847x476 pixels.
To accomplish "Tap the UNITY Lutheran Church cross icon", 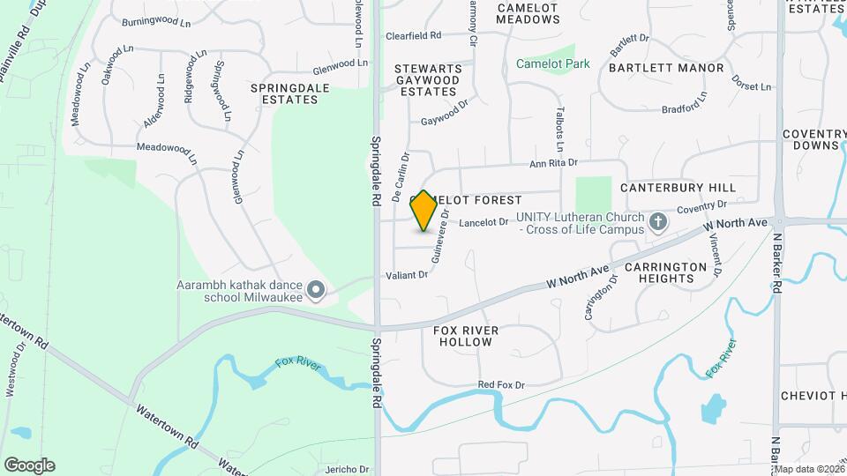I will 657,222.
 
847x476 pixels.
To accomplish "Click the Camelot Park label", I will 552,63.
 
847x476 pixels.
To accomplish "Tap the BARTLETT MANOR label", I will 665,68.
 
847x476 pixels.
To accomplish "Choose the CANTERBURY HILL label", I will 677,188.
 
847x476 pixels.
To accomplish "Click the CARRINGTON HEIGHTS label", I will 665,272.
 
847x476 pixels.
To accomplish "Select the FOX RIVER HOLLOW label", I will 466,336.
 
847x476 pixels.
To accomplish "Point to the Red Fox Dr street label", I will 500,385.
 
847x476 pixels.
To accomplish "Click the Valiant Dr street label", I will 406,275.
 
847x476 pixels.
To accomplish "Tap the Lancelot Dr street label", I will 483,222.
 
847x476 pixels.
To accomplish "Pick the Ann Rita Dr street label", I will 552,162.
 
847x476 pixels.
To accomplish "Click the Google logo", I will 29,465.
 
